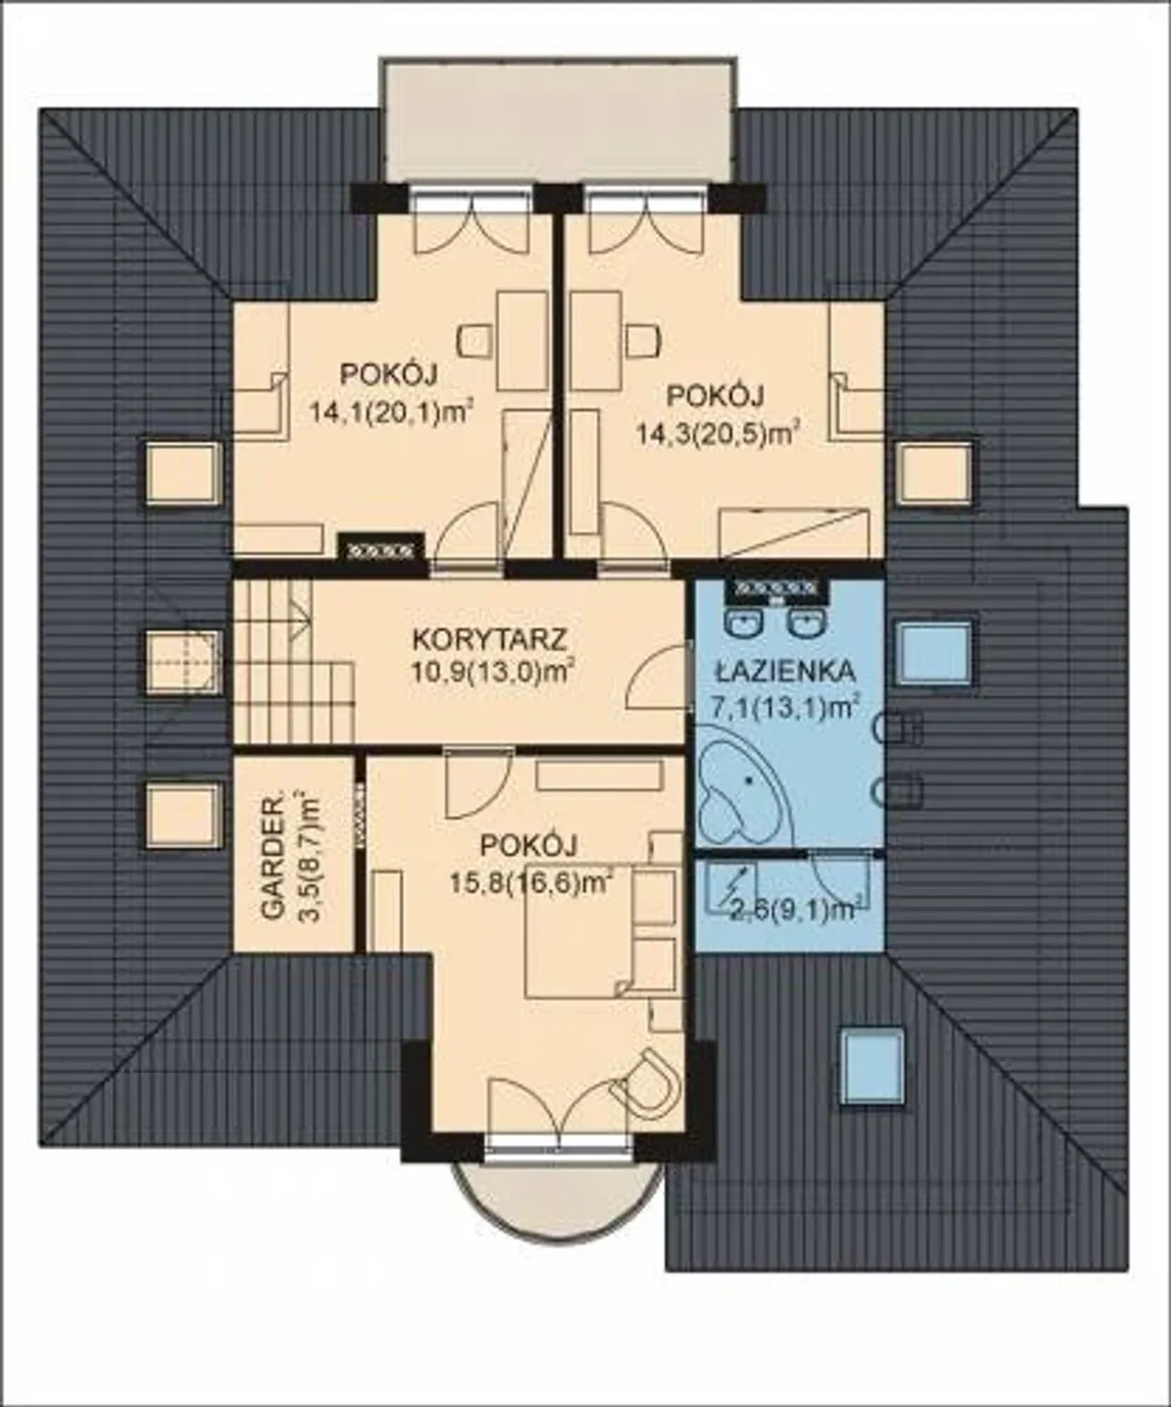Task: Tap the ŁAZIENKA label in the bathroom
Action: click(785, 671)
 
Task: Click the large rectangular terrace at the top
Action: click(559, 122)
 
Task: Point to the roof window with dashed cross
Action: click(183, 661)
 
